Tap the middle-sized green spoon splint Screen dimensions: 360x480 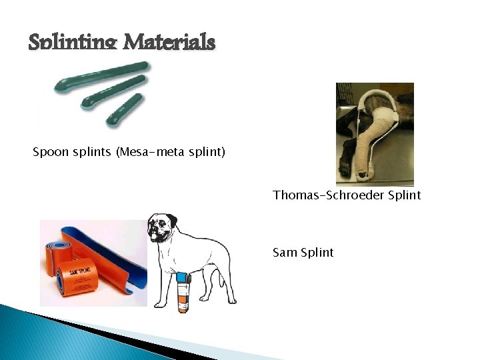click(113, 92)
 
